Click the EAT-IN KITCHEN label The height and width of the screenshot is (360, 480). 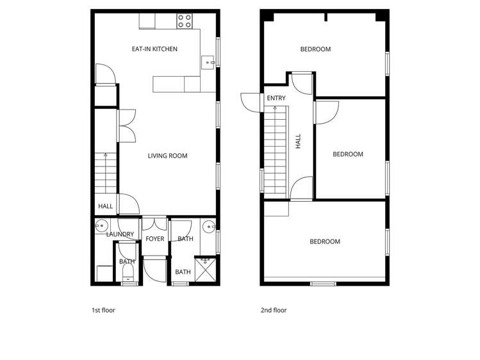point(154,49)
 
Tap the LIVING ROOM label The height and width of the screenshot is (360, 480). point(167,156)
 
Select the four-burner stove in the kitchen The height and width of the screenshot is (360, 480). point(185,20)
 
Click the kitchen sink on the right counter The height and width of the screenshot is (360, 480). point(208,62)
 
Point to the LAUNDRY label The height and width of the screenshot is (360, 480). point(120,234)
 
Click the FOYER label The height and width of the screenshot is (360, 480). point(155,239)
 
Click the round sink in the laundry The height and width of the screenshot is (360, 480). point(101,225)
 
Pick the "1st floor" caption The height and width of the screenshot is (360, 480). point(103,311)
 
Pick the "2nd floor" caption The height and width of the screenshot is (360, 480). point(274,311)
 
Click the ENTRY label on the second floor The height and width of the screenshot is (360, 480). point(276,99)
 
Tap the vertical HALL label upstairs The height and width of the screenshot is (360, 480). point(298,141)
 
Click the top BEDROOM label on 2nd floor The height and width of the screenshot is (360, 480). point(315,49)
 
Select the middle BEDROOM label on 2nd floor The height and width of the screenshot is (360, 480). point(348,154)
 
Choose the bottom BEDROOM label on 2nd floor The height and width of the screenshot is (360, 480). point(325,241)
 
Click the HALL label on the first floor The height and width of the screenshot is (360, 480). point(105,206)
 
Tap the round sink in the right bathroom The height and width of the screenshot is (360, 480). point(208,227)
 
